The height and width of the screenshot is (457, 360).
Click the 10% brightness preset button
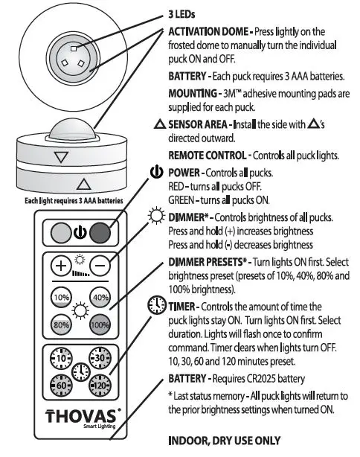[x=61, y=298]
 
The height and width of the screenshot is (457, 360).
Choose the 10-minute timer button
[x=60, y=357]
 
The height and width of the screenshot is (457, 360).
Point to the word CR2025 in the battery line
[x=273, y=378]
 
